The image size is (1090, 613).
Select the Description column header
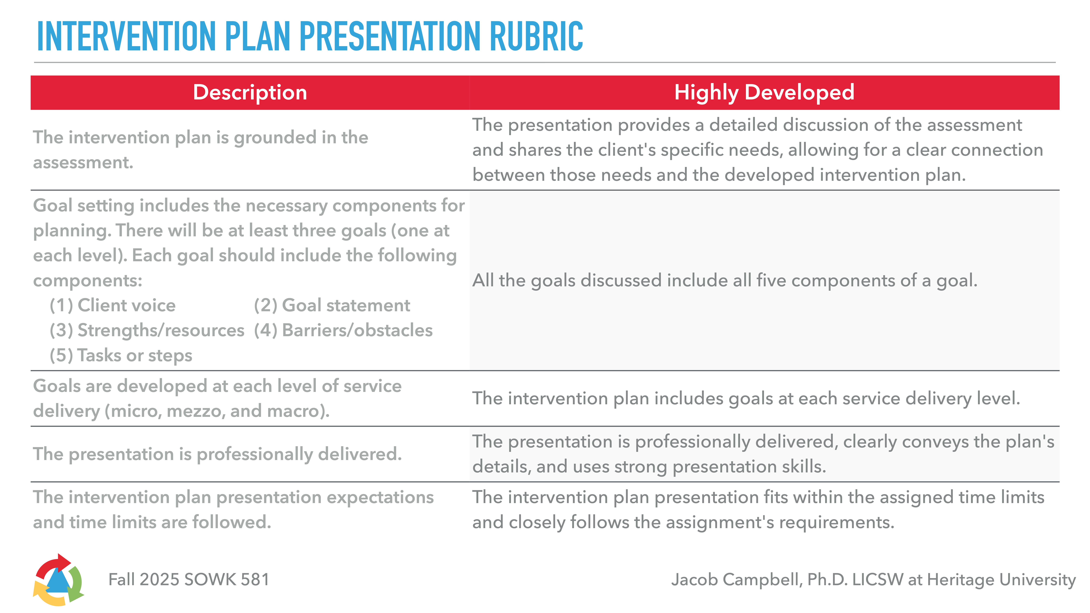tap(250, 92)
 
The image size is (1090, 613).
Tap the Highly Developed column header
tap(764, 92)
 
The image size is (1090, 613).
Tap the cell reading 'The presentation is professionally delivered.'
tap(217, 454)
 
